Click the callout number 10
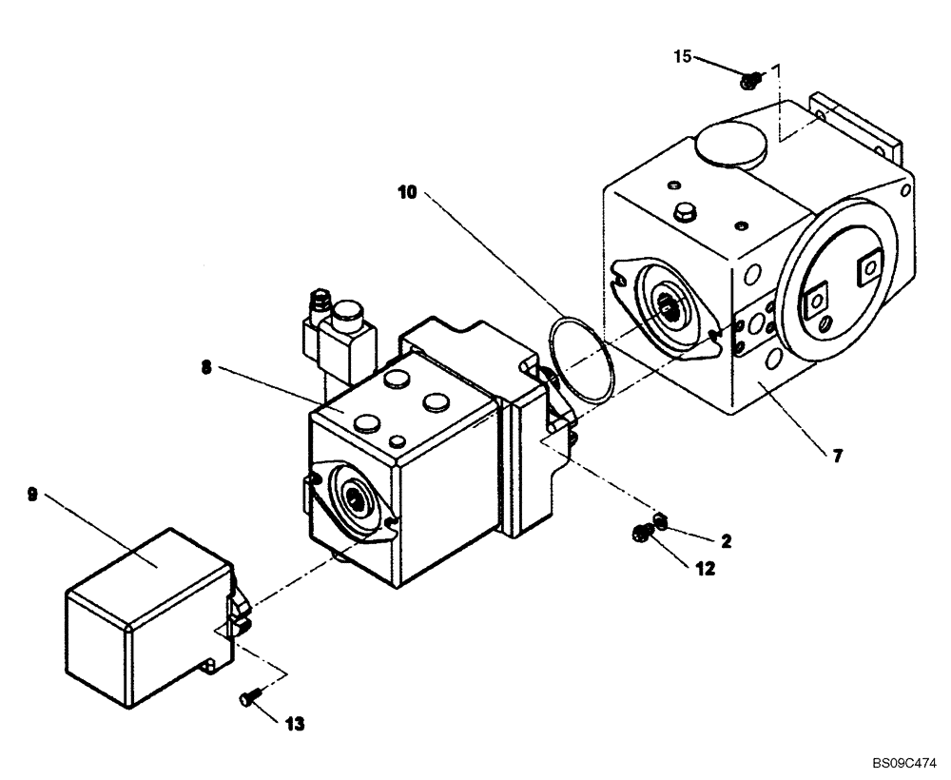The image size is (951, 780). (407, 191)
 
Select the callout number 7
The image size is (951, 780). (837, 457)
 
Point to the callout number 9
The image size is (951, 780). (32, 494)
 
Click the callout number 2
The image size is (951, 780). (726, 541)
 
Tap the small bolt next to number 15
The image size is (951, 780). (749, 82)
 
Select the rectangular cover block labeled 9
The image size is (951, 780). (147, 623)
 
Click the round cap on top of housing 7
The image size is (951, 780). (729, 148)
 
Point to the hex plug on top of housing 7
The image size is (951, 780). (685, 212)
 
